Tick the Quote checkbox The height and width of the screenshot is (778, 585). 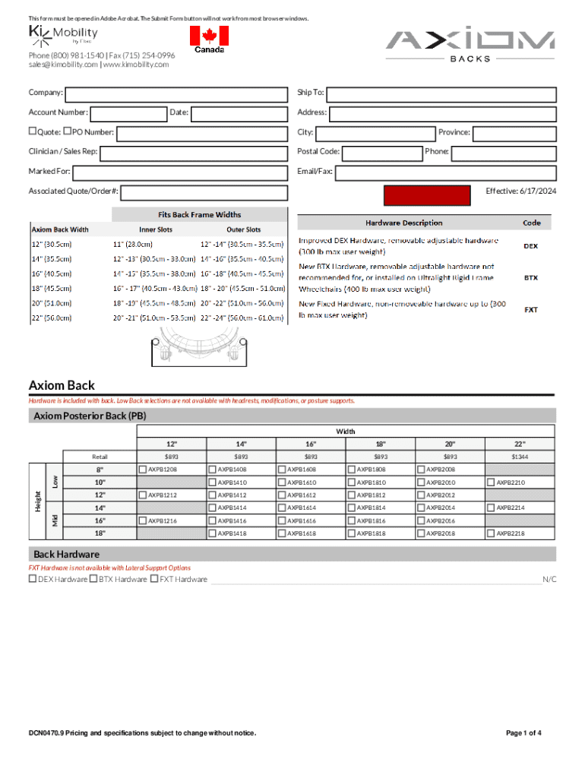[33, 132]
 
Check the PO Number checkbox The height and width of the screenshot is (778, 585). [68, 132]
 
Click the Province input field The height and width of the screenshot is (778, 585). [514, 133]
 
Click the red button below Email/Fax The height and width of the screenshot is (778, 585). [426, 196]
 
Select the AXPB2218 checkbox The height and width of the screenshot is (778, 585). [491, 533]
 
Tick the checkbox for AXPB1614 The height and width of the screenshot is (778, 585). [282, 508]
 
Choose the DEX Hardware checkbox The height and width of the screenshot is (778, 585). [33, 579]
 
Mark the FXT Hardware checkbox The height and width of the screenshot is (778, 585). [154, 579]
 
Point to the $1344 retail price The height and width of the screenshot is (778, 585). [520, 457]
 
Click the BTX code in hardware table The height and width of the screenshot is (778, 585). [531, 278]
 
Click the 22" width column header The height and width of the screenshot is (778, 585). [520, 444]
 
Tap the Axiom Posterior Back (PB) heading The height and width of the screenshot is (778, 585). [90, 416]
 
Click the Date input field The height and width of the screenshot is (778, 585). [239, 114]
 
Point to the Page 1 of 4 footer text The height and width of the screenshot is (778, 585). [523, 733]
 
